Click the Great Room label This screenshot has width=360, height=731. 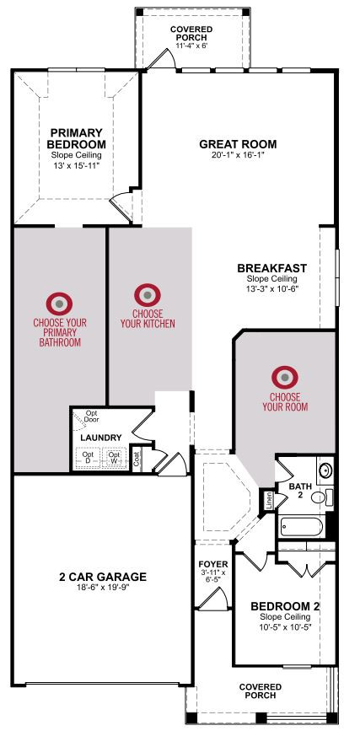[x=238, y=144]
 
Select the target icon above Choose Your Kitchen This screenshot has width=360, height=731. [x=148, y=295]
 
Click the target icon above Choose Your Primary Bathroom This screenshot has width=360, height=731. [x=59, y=304]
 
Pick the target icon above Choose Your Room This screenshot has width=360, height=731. [x=285, y=377]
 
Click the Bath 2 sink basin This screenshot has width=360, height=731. [x=325, y=470]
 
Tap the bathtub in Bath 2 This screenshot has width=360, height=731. [x=302, y=527]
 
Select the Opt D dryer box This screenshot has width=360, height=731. [x=88, y=457]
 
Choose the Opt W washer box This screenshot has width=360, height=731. [x=115, y=457]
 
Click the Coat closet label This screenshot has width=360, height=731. [x=137, y=459]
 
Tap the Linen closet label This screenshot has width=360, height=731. [x=269, y=500]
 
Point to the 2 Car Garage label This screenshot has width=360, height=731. [x=103, y=578]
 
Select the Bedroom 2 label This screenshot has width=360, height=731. [x=285, y=606]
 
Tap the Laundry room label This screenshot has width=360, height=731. [x=100, y=438]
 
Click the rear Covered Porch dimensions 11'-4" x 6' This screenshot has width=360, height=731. [x=191, y=46]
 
